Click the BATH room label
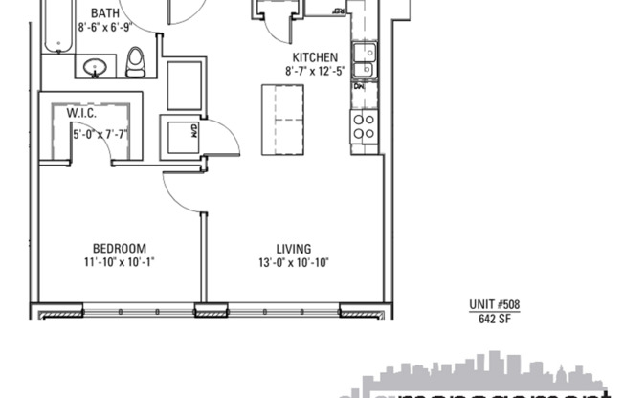(105, 13)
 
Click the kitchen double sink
(364, 60)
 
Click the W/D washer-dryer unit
(182, 135)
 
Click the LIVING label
(296, 248)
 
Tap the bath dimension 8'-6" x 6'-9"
(105, 28)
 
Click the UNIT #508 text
(494, 305)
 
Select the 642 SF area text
(494, 320)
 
